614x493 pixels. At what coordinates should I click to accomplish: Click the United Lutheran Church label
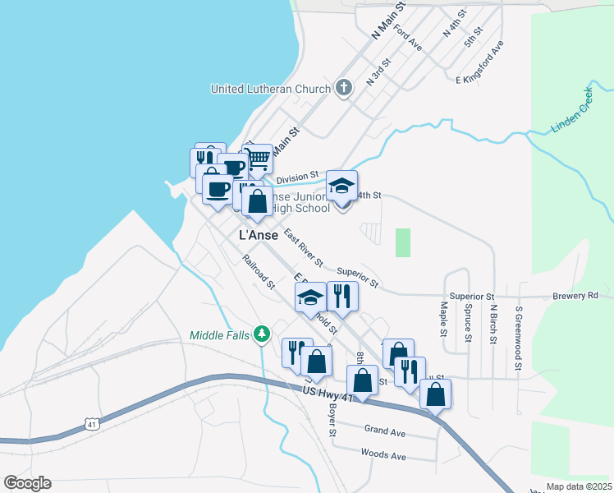[x=271, y=89]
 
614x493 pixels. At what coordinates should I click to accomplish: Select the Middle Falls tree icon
[x=262, y=334]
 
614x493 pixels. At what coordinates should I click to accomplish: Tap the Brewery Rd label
[x=575, y=295]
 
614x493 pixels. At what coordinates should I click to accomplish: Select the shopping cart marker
[x=258, y=158]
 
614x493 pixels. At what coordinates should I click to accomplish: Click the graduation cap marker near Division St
[x=342, y=185]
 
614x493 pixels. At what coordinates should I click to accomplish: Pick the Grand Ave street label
[x=385, y=431]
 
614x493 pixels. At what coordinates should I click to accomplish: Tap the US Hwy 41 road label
[x=327, y=395]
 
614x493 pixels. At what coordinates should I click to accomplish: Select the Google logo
[x=27, y=483]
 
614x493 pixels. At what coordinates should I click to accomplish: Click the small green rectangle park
[x=402, y=242]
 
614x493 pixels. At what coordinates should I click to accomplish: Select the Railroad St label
[x=258, y=272]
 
